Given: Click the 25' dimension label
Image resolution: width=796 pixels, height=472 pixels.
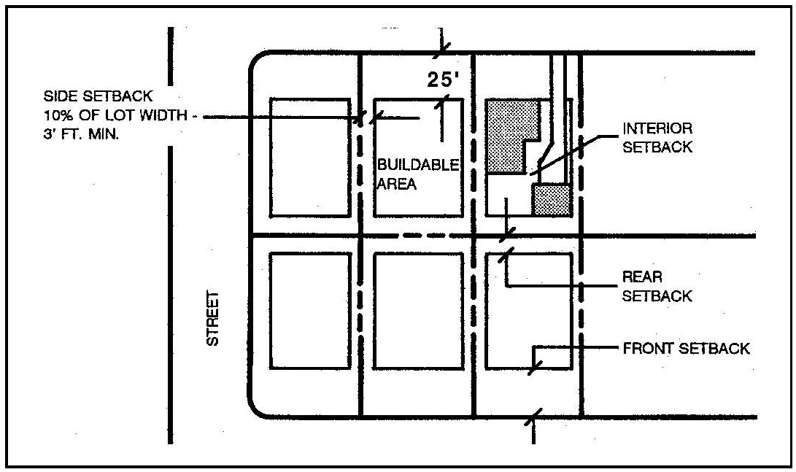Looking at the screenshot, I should (441, 80).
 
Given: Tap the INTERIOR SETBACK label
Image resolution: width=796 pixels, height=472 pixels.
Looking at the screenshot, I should (656, 137).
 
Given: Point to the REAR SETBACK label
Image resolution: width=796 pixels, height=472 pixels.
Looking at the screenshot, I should (657, 287).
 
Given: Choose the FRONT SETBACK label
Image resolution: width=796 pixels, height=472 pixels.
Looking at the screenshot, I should (686, 349).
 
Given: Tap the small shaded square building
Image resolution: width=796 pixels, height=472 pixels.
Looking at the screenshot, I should (551, 200).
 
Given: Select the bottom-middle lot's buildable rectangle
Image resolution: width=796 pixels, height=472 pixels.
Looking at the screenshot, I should (418, 311).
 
